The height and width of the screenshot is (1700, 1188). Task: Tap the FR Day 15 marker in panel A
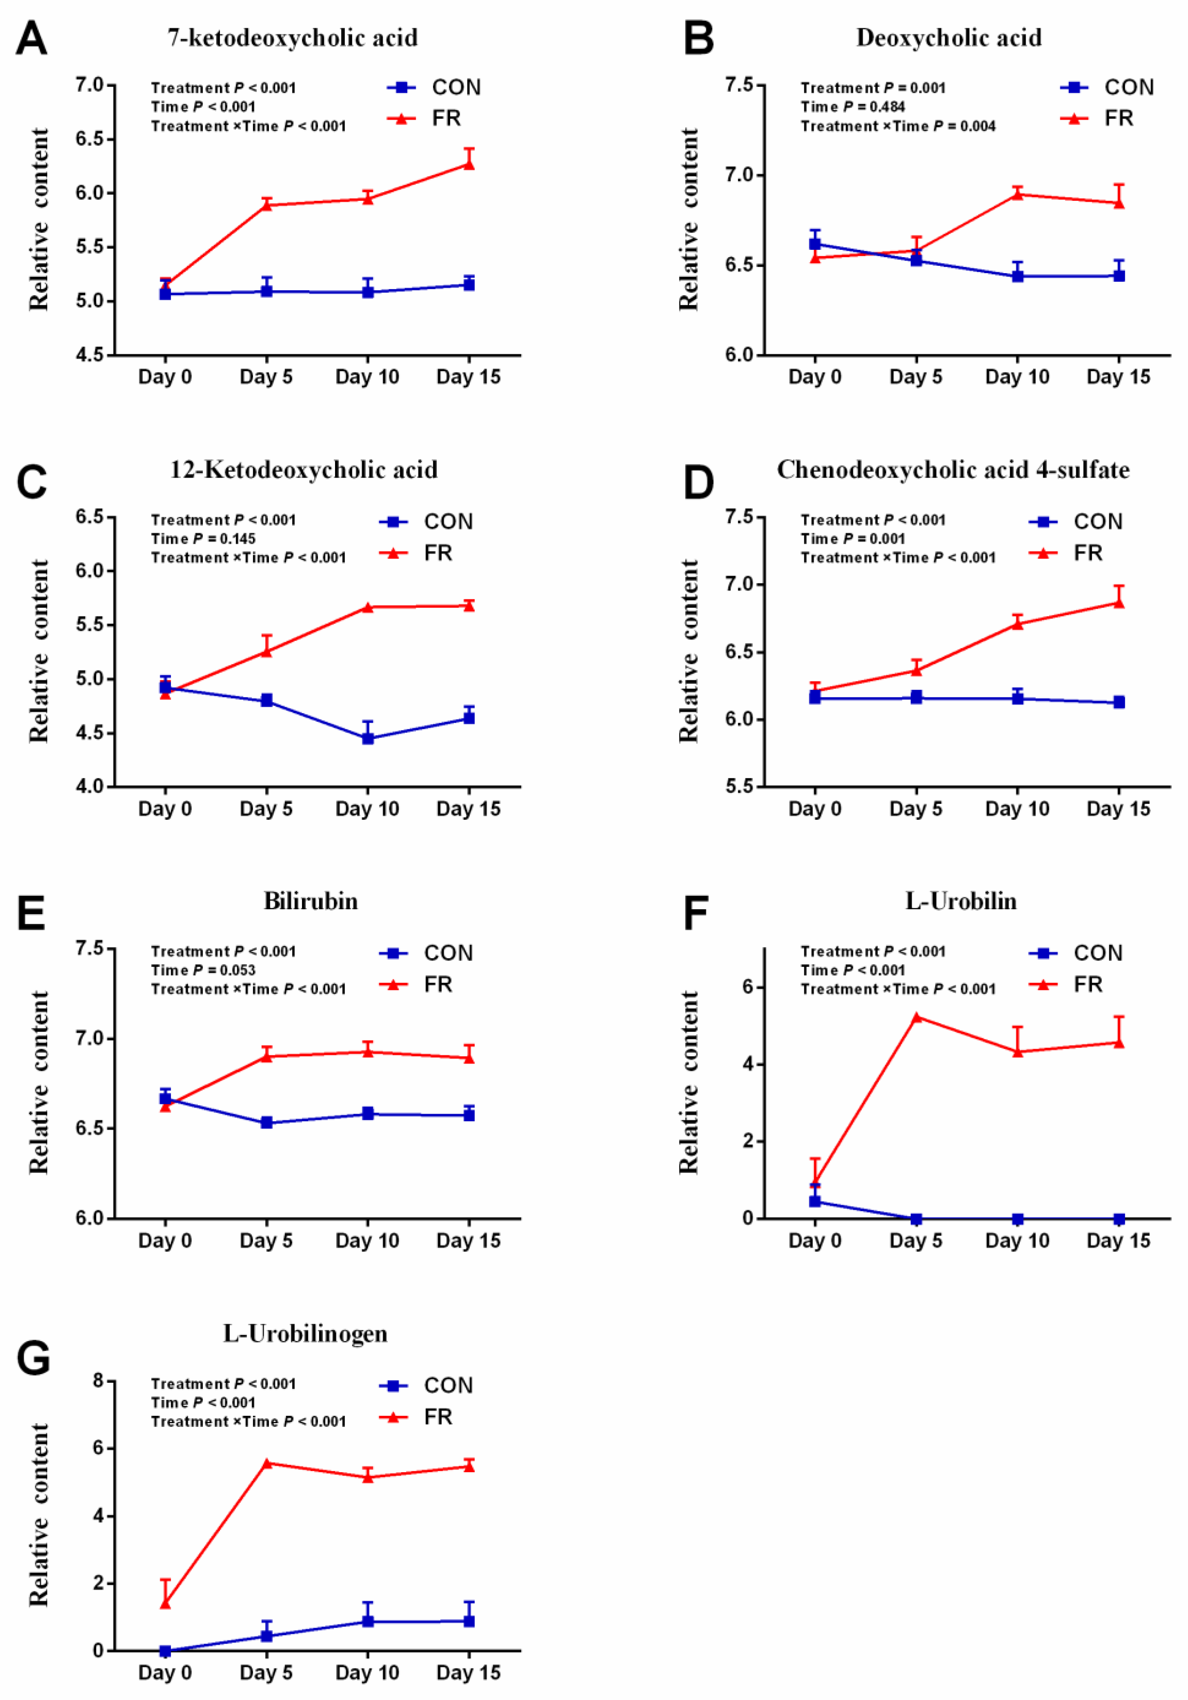tap(469, 164)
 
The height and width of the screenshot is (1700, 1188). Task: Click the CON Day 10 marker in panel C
tap(368, 738)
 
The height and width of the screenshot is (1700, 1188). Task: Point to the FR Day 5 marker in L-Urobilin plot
tap(916, 1017)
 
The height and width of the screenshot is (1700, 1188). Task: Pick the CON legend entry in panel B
tap(1106, 87)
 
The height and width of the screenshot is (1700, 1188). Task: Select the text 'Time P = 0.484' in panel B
tap(853, 107)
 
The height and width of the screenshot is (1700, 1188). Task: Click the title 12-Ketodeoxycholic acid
tap(304, 470)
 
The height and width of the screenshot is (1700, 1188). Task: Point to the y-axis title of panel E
tap(38, 1082)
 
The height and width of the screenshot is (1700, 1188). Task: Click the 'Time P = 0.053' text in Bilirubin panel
tap(203, 970)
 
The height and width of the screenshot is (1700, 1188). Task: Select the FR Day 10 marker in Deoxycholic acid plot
tap(1017, 194)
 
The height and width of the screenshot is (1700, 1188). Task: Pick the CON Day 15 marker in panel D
tap(1119, 702)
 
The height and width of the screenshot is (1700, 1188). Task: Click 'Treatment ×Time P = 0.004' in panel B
tap(898, 126)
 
